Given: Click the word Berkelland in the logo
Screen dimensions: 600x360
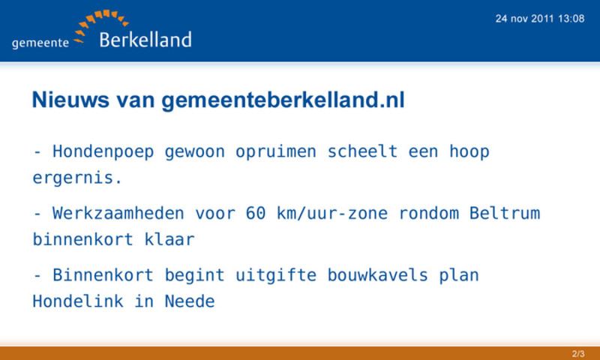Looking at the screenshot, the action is (145, 40).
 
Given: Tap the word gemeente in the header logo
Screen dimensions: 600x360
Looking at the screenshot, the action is (40, 43).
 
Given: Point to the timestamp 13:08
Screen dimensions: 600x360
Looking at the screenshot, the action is (571, 19).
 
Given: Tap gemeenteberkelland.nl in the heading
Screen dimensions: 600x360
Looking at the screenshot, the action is (283, 100).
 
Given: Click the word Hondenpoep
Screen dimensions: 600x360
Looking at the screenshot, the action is (103, 152).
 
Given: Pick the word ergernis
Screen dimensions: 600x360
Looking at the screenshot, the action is (77, 178).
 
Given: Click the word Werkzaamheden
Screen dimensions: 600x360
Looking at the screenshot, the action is (118, 214).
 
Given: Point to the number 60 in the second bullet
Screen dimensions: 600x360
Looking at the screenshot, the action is (256, 214).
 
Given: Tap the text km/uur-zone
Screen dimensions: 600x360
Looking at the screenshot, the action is (332, 214).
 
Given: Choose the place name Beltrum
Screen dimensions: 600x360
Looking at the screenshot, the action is (505, 213).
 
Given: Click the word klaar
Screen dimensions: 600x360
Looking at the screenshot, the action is (169, 239).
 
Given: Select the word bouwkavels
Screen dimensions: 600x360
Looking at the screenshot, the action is (377, 275).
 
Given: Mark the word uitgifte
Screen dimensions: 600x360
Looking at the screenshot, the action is (276, 276).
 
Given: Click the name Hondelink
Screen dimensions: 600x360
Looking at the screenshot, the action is (78, 301).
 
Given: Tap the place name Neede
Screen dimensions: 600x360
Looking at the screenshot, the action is (190, 301).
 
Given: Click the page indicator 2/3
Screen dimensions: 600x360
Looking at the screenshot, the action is (578, 353).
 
